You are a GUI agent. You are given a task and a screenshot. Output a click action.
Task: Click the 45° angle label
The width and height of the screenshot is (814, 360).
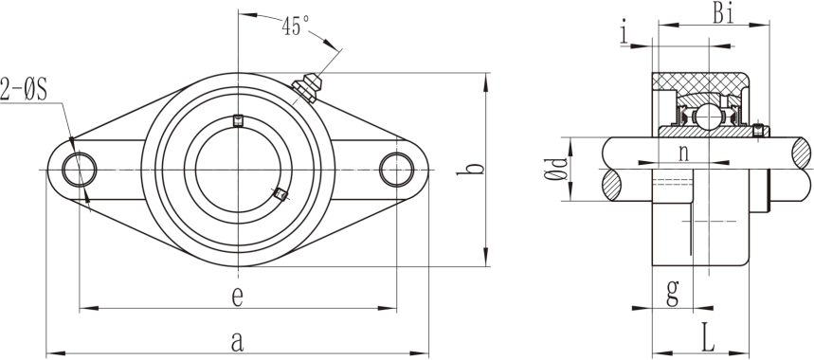pyautogui.click(x=296, y=26)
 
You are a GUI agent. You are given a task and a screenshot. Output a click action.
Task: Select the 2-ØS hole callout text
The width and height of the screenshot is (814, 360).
pyautogui.click(x=24, y=89)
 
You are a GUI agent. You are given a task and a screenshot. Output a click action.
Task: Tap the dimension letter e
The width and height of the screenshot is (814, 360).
pyautogui.click(x=237, y=297)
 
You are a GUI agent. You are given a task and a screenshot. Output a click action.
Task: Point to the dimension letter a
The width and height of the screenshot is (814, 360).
pyautogui.click(x=237, y=342)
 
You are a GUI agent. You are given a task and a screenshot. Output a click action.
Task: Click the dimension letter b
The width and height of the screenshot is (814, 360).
pyautogui.click(x=470, y=170)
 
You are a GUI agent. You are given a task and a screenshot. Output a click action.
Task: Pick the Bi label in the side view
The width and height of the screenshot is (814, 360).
pyautogui.click(x=723, y=14)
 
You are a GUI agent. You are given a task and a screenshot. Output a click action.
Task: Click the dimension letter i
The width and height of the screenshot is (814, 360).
pyautogui.click(x=624, y=32)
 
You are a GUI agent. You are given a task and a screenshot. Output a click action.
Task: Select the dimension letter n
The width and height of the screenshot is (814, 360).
pyautogui.click(x=683, y=153)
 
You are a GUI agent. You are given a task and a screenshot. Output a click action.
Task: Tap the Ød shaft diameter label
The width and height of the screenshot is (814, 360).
pyautogui.click(x=555, y=169)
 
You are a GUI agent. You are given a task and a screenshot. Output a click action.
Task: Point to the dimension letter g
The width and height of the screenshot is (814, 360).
pyautogui.click(x=672, y=294)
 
